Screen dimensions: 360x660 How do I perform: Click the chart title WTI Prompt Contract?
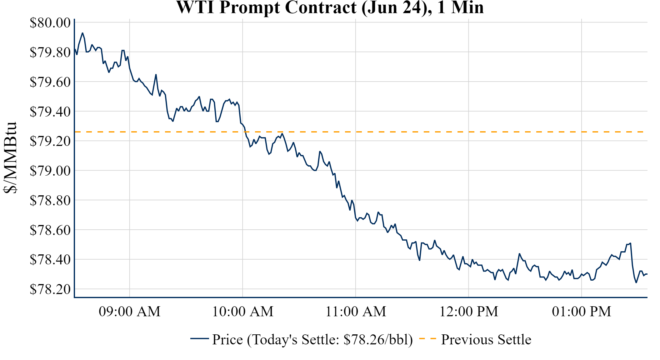coord(330,7)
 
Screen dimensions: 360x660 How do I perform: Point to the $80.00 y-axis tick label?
coord(50,22)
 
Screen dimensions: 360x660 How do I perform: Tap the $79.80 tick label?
coord(50,52)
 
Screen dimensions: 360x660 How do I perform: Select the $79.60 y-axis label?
coord(50,82)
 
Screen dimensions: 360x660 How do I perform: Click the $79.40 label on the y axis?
coord(50,112)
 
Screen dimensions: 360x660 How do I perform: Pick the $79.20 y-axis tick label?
coord(50,141)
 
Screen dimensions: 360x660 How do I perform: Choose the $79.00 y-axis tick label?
coord(50,171)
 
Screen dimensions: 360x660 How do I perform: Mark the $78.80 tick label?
coord(50,200)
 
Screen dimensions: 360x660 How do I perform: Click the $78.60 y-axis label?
coord(50,230)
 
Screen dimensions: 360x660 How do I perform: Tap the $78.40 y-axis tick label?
coord(50,259)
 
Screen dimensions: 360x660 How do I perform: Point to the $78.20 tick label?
coord(50,289)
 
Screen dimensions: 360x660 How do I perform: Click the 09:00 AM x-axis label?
coord(130,312)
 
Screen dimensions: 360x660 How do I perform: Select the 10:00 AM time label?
coord(243,312)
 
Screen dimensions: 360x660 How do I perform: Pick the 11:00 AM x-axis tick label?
coord(356,312)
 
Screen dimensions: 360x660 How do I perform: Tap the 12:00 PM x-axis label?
coord(469,312)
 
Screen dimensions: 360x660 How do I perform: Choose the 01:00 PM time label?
coord(582,312)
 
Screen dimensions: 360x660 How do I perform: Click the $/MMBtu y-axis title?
coord(10,158)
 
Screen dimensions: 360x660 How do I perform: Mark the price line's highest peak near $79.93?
coord(82,33)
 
